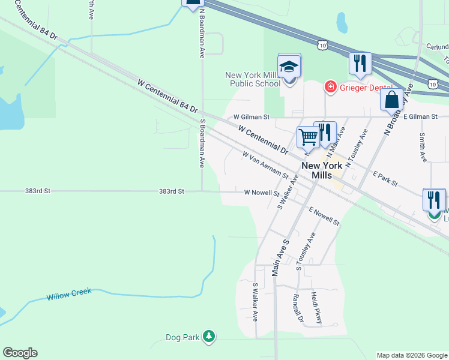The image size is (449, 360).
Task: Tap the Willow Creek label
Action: click(x=69, y=295)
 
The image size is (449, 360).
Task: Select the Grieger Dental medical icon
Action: click(x=330, y=87)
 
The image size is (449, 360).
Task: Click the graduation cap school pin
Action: click(x=289, y=67)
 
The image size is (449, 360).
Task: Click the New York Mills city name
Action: click(x=322, y=170)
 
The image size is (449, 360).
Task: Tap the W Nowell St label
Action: click(x=262, y=193)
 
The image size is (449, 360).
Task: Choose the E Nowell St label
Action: click(x=324, y=216)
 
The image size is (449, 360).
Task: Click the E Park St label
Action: click(x=385, y=178)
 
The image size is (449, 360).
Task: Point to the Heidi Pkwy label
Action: click(x=316, y=308)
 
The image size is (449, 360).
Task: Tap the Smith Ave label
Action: click(x=423, y=148)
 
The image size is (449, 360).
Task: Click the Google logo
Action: click(x=20, y=353)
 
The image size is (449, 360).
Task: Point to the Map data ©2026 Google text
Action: click(x=411, y=355)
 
